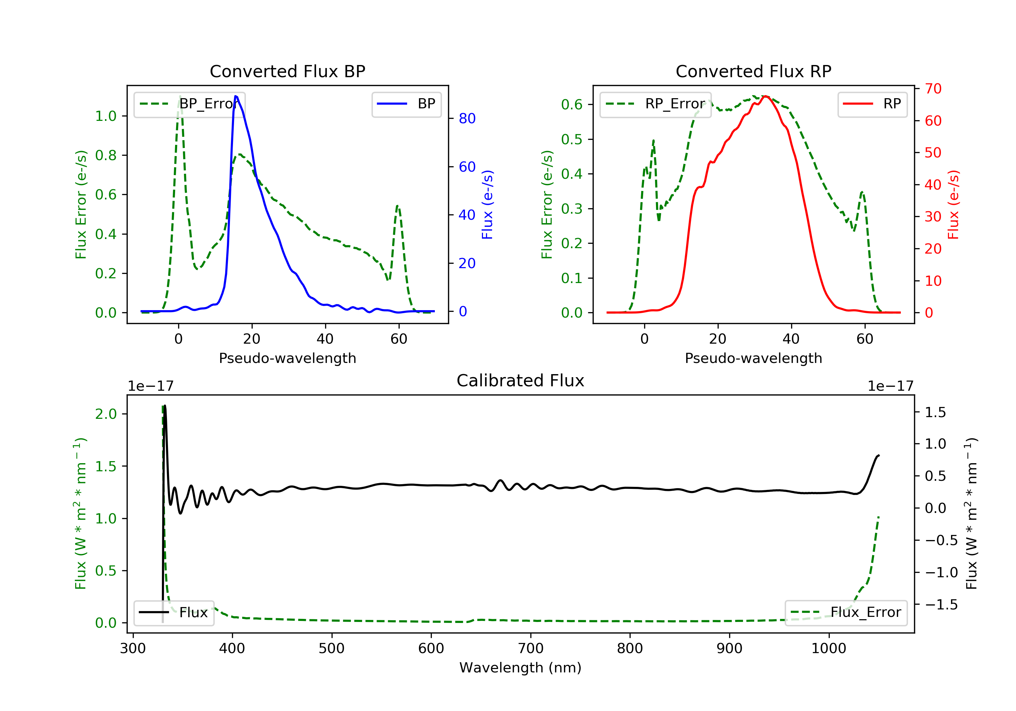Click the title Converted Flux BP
287,71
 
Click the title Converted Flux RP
753,71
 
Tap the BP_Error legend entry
189,104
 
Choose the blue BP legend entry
406,104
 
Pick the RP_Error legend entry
655,104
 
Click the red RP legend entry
872,104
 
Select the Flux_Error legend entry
846,612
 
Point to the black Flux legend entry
173,612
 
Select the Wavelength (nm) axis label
521,668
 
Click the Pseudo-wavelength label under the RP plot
753,358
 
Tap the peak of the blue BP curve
236,96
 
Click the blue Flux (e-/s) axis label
487,204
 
